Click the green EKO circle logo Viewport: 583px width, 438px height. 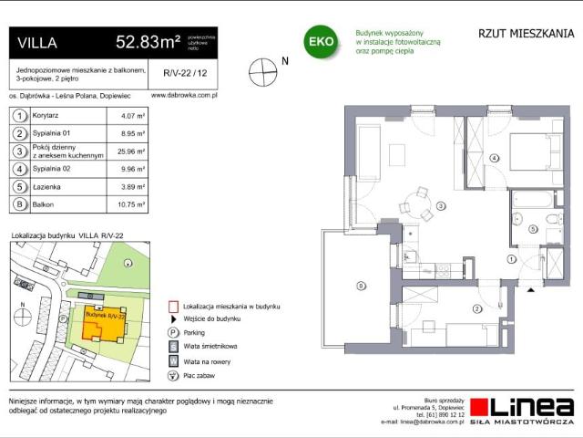coord(321,42)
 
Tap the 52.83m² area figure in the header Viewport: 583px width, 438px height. coord(147,41)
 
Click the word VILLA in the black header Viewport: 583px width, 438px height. coord(38,42)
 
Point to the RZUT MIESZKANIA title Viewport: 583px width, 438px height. coord(526,34)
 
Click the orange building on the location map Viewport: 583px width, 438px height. coord(103,319)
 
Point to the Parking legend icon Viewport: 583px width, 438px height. coord(172,333)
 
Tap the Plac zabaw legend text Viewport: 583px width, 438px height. coord(201,375)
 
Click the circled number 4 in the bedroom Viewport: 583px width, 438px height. coord(495,158)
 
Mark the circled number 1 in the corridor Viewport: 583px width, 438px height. coord(511,260)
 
